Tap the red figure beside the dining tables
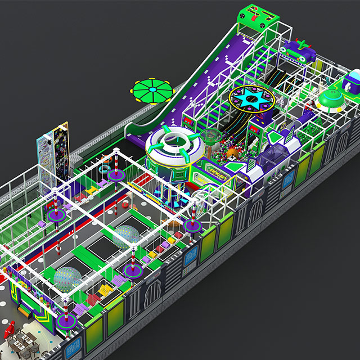(x=9, y=330)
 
